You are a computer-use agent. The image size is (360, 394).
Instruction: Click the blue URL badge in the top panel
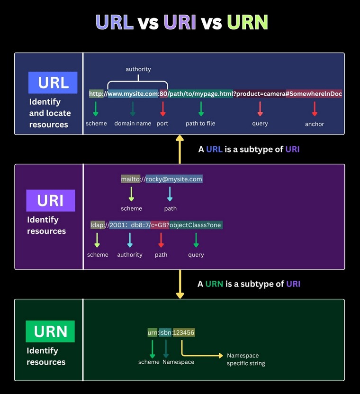53,82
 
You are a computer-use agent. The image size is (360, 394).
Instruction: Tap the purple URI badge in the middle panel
51,200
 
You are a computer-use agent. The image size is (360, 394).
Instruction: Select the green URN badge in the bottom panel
50,331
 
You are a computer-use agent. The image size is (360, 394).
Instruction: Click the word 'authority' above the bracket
138,69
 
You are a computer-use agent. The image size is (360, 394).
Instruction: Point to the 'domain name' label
133,123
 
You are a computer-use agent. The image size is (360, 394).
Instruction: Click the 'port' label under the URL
162,123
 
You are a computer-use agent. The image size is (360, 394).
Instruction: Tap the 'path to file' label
200,123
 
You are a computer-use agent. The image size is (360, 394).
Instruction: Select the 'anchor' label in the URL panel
315,124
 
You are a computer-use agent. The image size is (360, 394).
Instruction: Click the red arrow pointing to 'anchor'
315,109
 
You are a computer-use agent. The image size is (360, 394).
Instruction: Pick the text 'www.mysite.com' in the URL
133,94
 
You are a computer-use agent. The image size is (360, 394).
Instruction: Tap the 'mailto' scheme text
131,179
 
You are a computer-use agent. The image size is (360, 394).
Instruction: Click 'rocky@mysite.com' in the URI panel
174,179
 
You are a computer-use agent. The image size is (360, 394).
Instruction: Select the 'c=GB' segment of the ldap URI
160,225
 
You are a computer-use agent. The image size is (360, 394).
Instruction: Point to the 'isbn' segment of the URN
166,332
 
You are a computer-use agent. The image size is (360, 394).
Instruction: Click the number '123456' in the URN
184,332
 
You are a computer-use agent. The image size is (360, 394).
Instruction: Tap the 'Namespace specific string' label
245,359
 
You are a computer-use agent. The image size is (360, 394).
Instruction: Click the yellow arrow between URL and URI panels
180,149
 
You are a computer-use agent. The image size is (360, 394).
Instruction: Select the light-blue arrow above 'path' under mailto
170,193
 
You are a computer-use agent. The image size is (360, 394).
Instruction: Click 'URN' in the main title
248,22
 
